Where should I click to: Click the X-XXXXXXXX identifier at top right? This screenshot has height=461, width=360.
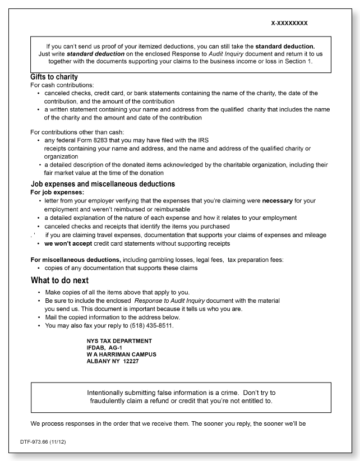(289, 24)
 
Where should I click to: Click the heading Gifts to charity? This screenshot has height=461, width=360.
(54, 77)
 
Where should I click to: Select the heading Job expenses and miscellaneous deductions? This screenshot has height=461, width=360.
(103, 184)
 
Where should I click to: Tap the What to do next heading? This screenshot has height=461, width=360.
(59, 280)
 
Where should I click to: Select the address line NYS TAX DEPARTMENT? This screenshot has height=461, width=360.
(119, 341)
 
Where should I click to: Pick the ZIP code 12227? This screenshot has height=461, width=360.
(131, 361)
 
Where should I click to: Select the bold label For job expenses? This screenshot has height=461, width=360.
(55, 192)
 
